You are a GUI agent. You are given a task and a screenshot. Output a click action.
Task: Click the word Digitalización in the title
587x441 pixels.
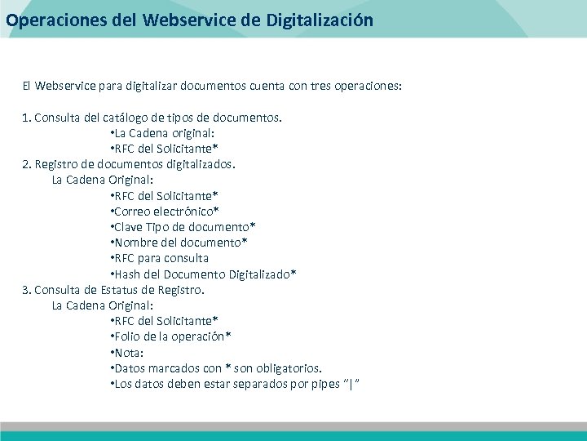[x=320, y=20]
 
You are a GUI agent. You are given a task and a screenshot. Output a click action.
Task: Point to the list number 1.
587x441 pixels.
[x=26, y=117]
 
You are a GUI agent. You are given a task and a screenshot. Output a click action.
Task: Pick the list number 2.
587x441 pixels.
[x=26, y=164]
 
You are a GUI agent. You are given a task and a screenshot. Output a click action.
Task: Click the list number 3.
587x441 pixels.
[x=26, y=290]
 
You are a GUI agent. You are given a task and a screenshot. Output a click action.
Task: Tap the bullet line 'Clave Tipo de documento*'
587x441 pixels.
[x=183, y=227]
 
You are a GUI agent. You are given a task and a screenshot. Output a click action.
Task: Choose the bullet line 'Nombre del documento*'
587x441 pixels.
[x=179, y=243]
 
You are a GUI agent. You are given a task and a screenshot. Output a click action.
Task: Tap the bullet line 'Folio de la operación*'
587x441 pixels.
[x=170, y=336]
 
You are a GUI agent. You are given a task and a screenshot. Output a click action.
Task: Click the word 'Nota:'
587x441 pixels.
[x=130, y=353]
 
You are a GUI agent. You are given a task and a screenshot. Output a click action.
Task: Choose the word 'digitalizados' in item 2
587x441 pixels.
[x=197, y=164]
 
